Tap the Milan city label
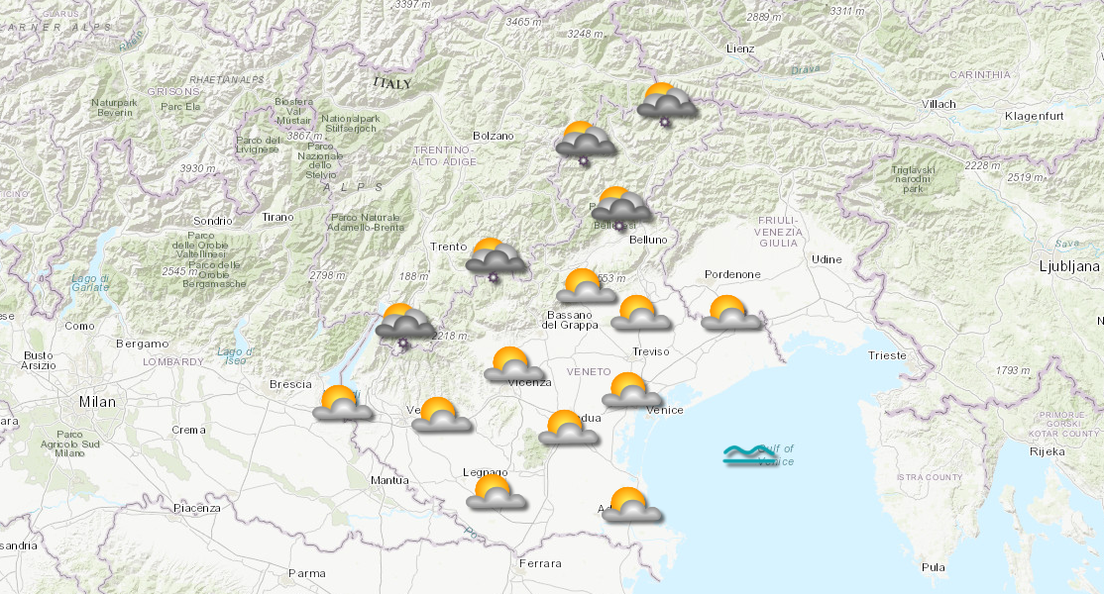pyautogui.click(x=97, y=402)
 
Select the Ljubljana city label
pyautogui.click(x=1069, y=266)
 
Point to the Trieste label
pyautogui.click(x=886, y=355)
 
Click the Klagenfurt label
pyautogui.click(x=1034, y=117)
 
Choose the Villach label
pyautogui.click(x=938, y=104)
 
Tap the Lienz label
pyautogui.click(x=739, y=49)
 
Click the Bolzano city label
pyautogui.click(x=494, y=136)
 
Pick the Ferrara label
pyautogui.click(x=539, y=563)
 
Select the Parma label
pyautogui.click(x=306, y=573)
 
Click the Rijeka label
pyautogui.click(x=1047, y=451)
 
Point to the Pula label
pyautogui.click(x=933, y=567)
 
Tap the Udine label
pyautogui.click(x=826, y=259)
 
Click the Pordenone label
pyautogui.click(x=731, y=274)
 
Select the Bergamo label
pyautogui.click(x=142, y=344)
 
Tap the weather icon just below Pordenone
pyautogui.click(x=730, y=313)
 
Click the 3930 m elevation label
pyautogui.click(x=197, y=169)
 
